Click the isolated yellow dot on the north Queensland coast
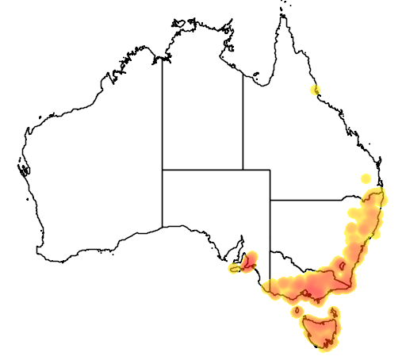point(316,90)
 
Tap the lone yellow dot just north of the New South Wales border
point(366,178)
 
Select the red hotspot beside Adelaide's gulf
point(251,259)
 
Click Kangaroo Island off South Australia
point(235,269)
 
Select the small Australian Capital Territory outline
point(342,266)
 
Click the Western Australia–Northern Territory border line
point(163,111)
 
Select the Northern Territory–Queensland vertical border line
point(243,119)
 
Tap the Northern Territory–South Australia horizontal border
point(202,170)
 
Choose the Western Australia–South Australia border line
point(163,198)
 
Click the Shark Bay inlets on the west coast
point(22,168)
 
